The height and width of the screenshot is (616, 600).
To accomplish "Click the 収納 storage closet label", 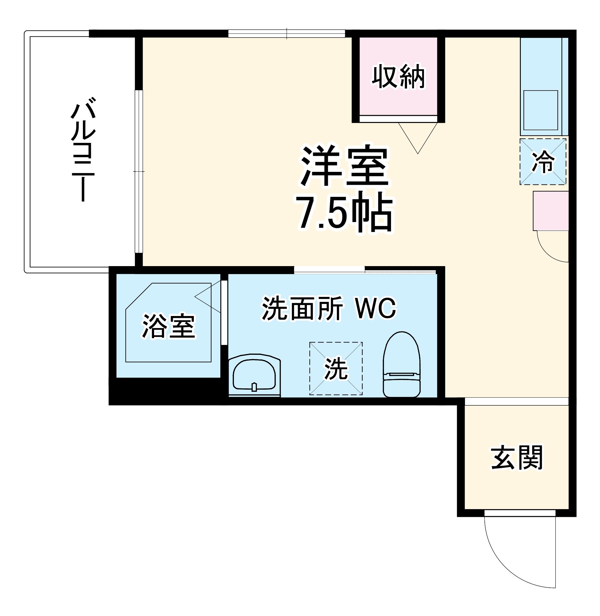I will [x=398, y=76].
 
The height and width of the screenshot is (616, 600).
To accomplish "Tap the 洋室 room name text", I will [x=344, y=166].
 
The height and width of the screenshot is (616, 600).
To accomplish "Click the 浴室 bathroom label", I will [x=169, y=326].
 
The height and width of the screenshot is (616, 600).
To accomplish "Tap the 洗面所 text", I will [x=303, y=308].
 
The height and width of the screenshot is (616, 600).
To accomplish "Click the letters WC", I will [x=376, y=308].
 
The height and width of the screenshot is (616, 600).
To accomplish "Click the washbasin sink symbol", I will [x=254, y=375].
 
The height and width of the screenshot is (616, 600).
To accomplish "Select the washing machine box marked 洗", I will [x=336, y=368].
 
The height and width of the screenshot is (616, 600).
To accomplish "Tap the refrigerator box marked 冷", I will [x=543, y=162].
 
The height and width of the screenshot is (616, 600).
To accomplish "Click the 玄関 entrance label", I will [x=517, y=458].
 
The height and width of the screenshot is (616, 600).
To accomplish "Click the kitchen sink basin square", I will [x=541, y=110].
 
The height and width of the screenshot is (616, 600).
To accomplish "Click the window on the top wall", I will [x=287, y=33].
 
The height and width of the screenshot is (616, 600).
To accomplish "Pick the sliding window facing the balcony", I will [x=139, y=172].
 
